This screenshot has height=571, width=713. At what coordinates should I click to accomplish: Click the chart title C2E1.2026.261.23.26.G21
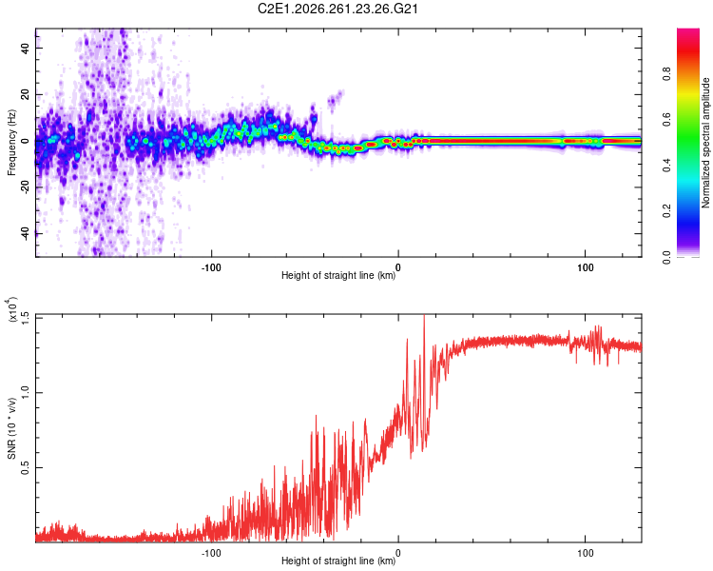337,9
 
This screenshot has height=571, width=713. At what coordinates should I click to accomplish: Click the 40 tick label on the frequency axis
26,48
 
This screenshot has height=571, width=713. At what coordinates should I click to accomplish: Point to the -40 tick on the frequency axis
26,233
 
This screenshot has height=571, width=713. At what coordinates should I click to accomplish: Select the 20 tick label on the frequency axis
26,94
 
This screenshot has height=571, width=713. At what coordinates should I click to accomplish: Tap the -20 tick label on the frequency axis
26,187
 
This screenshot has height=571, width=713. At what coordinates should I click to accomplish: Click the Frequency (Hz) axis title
11,143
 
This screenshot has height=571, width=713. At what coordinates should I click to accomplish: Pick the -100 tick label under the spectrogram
211,267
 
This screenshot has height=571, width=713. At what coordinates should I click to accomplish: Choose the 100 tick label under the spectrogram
586,267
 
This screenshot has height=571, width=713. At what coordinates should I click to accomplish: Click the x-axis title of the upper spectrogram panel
338,275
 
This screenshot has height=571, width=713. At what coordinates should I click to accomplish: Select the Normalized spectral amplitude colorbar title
705,143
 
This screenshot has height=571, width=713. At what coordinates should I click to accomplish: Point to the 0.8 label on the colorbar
666,74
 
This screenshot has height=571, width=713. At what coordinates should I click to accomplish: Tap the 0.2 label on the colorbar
666,211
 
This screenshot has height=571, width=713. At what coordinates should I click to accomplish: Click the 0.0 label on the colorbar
666,257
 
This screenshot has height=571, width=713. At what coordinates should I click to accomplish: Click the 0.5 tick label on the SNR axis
26,467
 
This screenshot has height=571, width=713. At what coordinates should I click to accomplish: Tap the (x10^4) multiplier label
12,309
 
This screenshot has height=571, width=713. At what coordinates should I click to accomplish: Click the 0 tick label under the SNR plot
398,553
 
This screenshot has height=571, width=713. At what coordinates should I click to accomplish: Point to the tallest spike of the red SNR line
424,315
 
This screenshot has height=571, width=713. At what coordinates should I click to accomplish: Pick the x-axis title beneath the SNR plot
338,561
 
